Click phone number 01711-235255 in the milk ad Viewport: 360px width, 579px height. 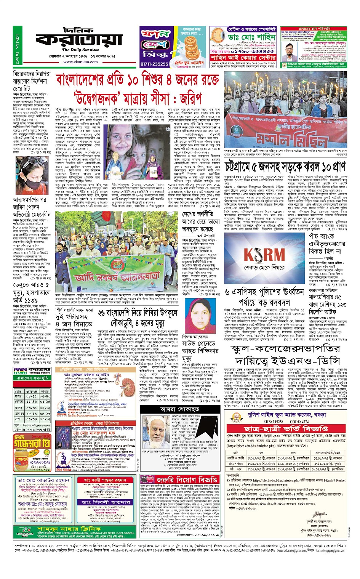click(x=154, y=64)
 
